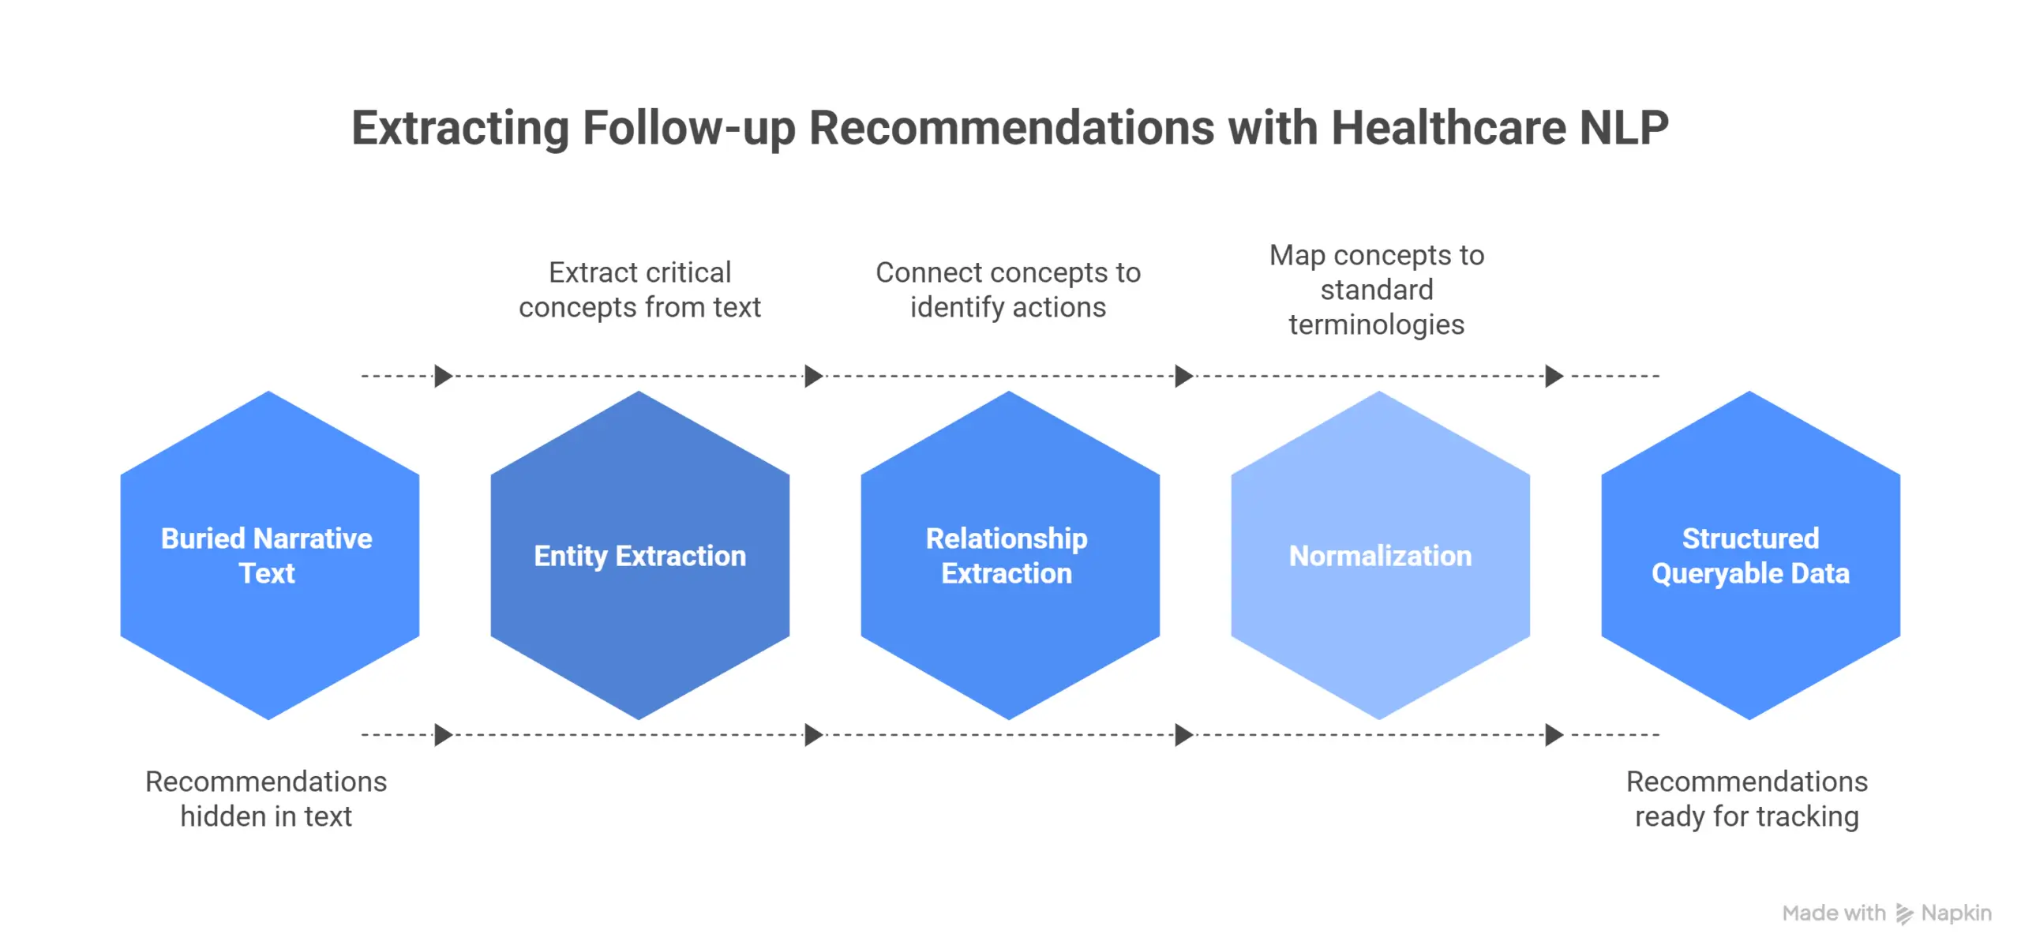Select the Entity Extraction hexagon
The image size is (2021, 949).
(639, 624)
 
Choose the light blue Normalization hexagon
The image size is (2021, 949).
(1380, 624)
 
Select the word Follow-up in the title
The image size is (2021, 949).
(688, 128)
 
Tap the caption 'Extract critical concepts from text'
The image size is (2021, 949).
(639, 290)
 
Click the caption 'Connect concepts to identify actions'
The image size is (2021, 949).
(1008, 290)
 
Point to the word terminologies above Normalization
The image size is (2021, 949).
(1376, 324)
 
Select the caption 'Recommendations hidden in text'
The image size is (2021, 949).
(266, 798)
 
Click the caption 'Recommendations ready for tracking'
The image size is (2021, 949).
(1746, 798)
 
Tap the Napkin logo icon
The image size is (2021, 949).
(1904, 913)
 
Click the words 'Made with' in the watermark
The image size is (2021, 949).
(1833, 913)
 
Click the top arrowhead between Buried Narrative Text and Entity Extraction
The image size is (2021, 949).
(443, 376)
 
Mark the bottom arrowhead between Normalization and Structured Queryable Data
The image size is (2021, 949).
(1553, 735)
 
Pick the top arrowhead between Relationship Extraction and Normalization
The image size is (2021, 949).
(1183, 376)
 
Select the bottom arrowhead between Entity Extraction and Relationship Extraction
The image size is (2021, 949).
(813, 735)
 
